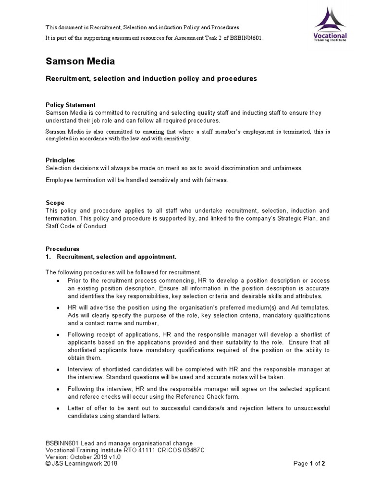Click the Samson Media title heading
pos(80,61)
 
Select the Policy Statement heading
pos(70,105)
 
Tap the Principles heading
pos(60,160)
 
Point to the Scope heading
pos(55,203)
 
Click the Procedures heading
pos(62,249)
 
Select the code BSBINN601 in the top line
pos(248,37)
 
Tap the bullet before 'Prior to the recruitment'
pos(58,281)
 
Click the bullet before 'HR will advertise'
pos(58,307)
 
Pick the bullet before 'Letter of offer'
pos(58,409)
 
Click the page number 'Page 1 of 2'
pos(309,464)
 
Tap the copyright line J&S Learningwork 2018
pos(81,464)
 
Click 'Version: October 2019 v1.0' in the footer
pos(84,457)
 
